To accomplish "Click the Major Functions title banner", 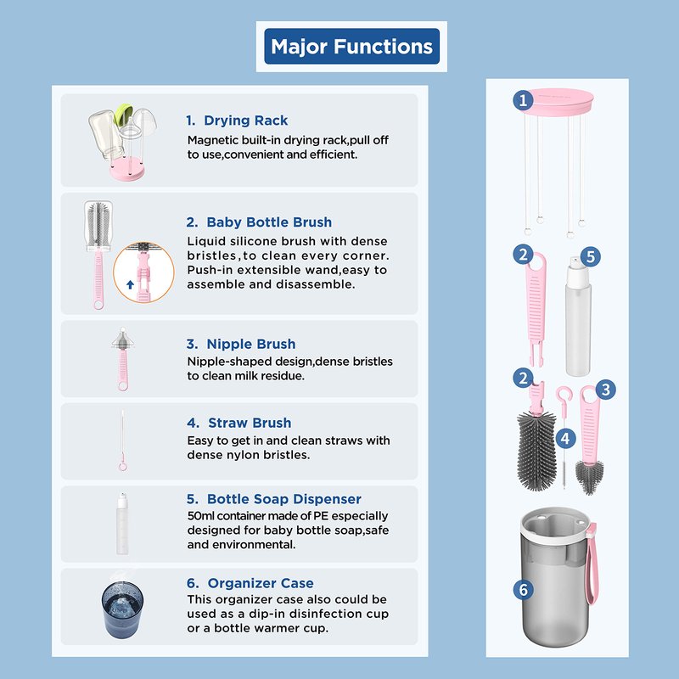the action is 351,47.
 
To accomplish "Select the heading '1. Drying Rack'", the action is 237,121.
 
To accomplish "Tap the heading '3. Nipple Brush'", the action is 241,344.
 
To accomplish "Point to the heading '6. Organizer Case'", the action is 250,583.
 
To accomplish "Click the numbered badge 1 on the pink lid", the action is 523,100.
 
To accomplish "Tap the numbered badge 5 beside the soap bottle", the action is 591,257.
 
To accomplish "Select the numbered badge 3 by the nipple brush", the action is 605,390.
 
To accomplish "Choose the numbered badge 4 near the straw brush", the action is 565,439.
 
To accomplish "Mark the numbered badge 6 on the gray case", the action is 523,589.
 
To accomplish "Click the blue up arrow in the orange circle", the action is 130,284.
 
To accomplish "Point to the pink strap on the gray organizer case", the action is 592,564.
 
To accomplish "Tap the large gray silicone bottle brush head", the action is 536,451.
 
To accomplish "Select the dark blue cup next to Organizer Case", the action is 122,609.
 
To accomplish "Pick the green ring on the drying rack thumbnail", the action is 122,115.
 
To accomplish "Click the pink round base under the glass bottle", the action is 126,168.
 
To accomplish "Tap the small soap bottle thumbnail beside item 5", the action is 122,523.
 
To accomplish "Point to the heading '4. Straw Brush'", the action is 239,423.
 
